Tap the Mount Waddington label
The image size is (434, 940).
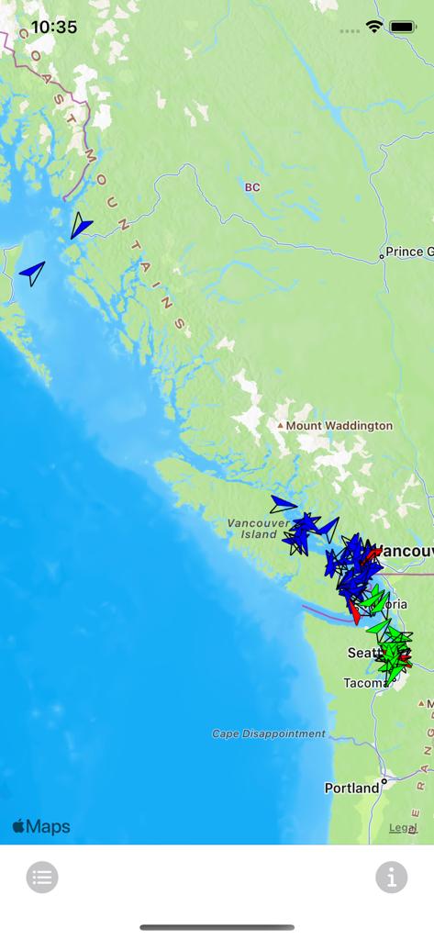coord(339,426)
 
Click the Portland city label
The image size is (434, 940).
coord(351,788)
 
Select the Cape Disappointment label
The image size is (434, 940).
coord(269,733)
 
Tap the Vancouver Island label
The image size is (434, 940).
coord(251,529)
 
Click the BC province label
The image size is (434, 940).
coord(252,187)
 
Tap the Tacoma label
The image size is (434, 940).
coord(361,683)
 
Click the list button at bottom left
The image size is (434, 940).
coord(42,878)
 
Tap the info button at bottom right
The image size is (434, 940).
coord(392,878)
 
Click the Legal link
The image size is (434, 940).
coord(403,827)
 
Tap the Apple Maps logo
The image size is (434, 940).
coord(41,827)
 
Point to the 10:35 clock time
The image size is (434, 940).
coord(54,28)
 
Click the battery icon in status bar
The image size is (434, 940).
coord(403,28)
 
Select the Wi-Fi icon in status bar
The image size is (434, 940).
coord(373,28)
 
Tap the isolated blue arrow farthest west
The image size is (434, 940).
coord(33,273)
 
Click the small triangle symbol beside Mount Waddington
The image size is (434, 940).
coord(280,426)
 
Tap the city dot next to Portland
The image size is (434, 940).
coord(384,783)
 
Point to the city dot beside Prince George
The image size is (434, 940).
coord(382,257)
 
